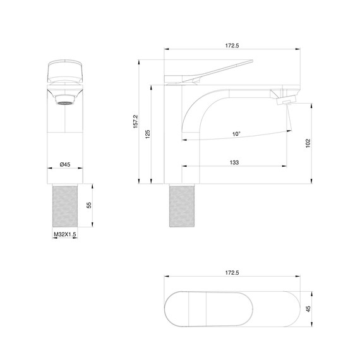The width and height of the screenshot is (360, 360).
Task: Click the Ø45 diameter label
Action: [x=64, y=164]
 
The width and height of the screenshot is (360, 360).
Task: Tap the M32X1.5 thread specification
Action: [x=64, y=234]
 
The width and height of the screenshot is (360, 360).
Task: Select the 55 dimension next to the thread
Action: [x=89, y=205]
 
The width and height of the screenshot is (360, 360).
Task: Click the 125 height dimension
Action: [x=148, y=133]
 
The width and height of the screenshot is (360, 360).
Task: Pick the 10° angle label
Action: [x=236, y=134]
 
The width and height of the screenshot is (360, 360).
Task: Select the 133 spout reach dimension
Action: [x=234, y=163]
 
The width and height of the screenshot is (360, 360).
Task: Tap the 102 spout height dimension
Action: [x=308, y=143]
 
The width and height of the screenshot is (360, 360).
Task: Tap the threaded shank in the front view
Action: [x=64, y=205]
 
